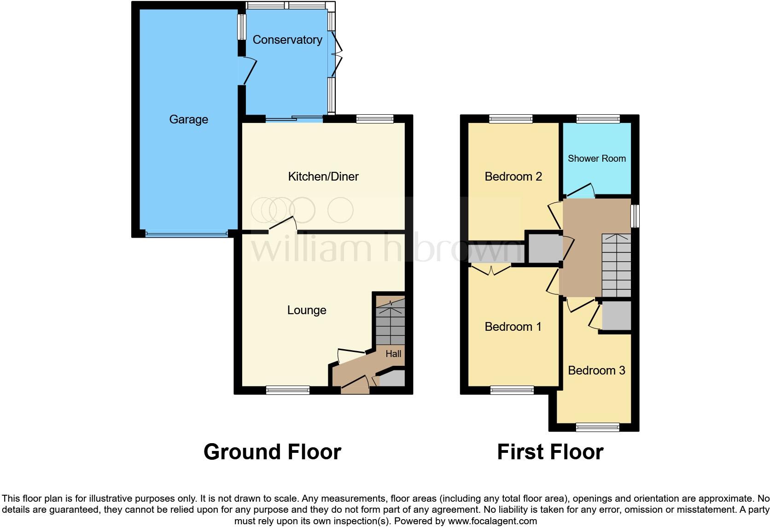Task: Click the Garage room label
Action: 188,120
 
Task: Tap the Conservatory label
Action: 287,40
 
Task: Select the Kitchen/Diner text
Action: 323,176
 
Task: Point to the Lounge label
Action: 306,310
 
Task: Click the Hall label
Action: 393,354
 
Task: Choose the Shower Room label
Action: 596,158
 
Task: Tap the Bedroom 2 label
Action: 513,176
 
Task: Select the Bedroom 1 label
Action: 513,327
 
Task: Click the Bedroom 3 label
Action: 596,370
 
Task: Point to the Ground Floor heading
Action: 272,452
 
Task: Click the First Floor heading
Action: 550,452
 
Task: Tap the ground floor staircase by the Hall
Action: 390,322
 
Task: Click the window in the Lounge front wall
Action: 288,390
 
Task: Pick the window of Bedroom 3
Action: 597,427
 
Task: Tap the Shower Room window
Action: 597,119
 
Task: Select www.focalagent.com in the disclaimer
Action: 492,521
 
